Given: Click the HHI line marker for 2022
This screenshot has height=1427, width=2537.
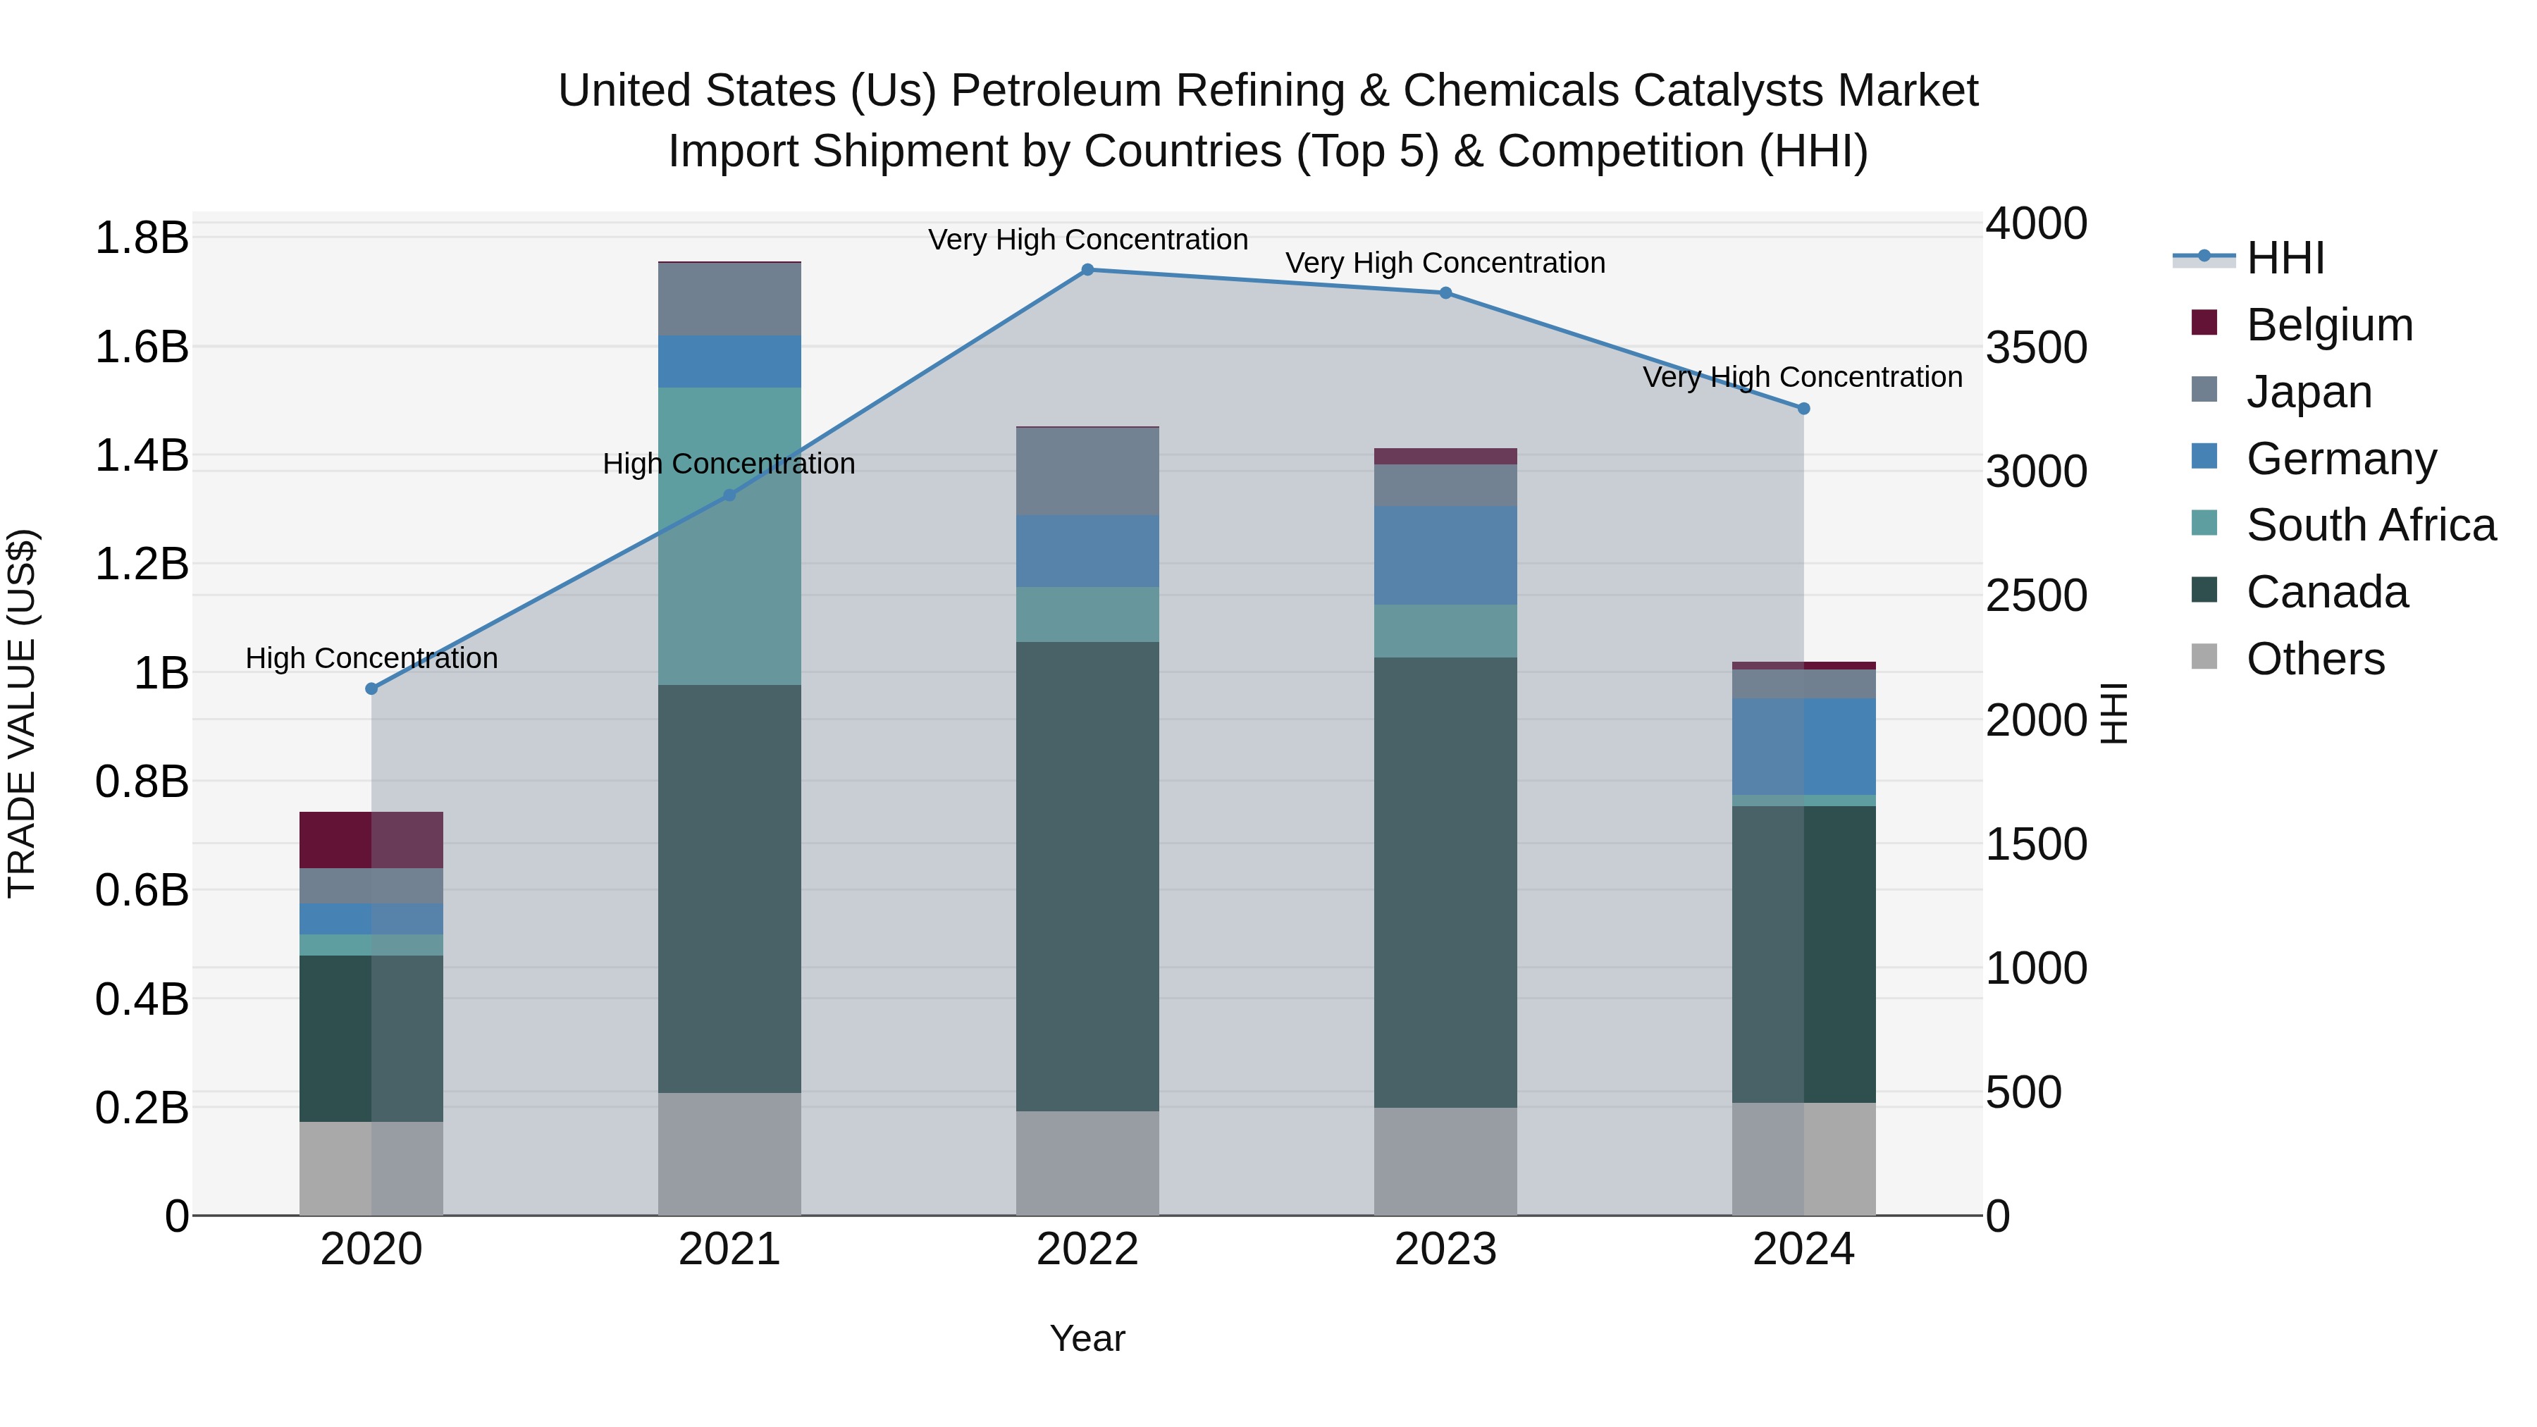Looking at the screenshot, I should pos(1087,270).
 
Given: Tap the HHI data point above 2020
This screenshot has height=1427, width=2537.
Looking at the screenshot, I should pos(371,689).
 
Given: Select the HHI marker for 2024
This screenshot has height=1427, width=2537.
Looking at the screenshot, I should pos(1803,409).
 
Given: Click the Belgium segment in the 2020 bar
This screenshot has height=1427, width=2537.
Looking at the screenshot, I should pos(371,840).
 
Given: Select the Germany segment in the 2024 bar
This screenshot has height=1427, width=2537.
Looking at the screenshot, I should pos(1803,746).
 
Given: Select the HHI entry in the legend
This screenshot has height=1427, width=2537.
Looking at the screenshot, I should pos(2285,258).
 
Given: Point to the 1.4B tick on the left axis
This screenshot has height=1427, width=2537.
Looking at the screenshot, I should pos(141,456).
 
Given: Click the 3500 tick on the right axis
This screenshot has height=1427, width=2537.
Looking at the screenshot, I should pos(2036,347).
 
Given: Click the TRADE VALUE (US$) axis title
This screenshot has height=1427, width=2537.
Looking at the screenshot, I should pos(22,713).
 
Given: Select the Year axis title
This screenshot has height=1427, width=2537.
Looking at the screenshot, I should pos(1087,1338).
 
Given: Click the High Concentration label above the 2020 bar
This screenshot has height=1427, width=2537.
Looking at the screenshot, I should pos(371,658).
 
